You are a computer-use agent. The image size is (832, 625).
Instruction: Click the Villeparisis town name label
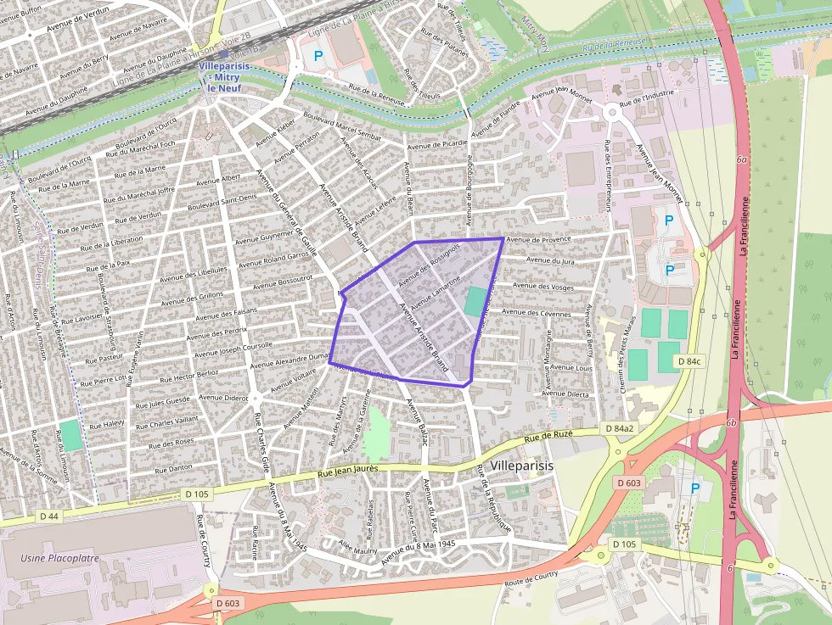coord(522,467)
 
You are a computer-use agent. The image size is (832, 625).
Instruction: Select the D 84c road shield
coord(689,361)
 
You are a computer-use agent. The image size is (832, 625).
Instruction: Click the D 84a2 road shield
coord(619,428)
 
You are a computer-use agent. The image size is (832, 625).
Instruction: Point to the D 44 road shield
coord(48,516)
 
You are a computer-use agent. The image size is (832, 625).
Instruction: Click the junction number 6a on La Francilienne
coord(741,159)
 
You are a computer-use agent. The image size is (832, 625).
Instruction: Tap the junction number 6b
coord(730,421)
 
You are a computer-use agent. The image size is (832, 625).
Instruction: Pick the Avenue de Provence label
coord(538,240)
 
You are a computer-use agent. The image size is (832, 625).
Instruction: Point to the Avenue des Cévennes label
coord(542,313)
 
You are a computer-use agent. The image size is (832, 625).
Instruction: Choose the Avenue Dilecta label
coord(565,393)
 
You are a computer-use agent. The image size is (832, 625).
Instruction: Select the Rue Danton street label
coord(171,467)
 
